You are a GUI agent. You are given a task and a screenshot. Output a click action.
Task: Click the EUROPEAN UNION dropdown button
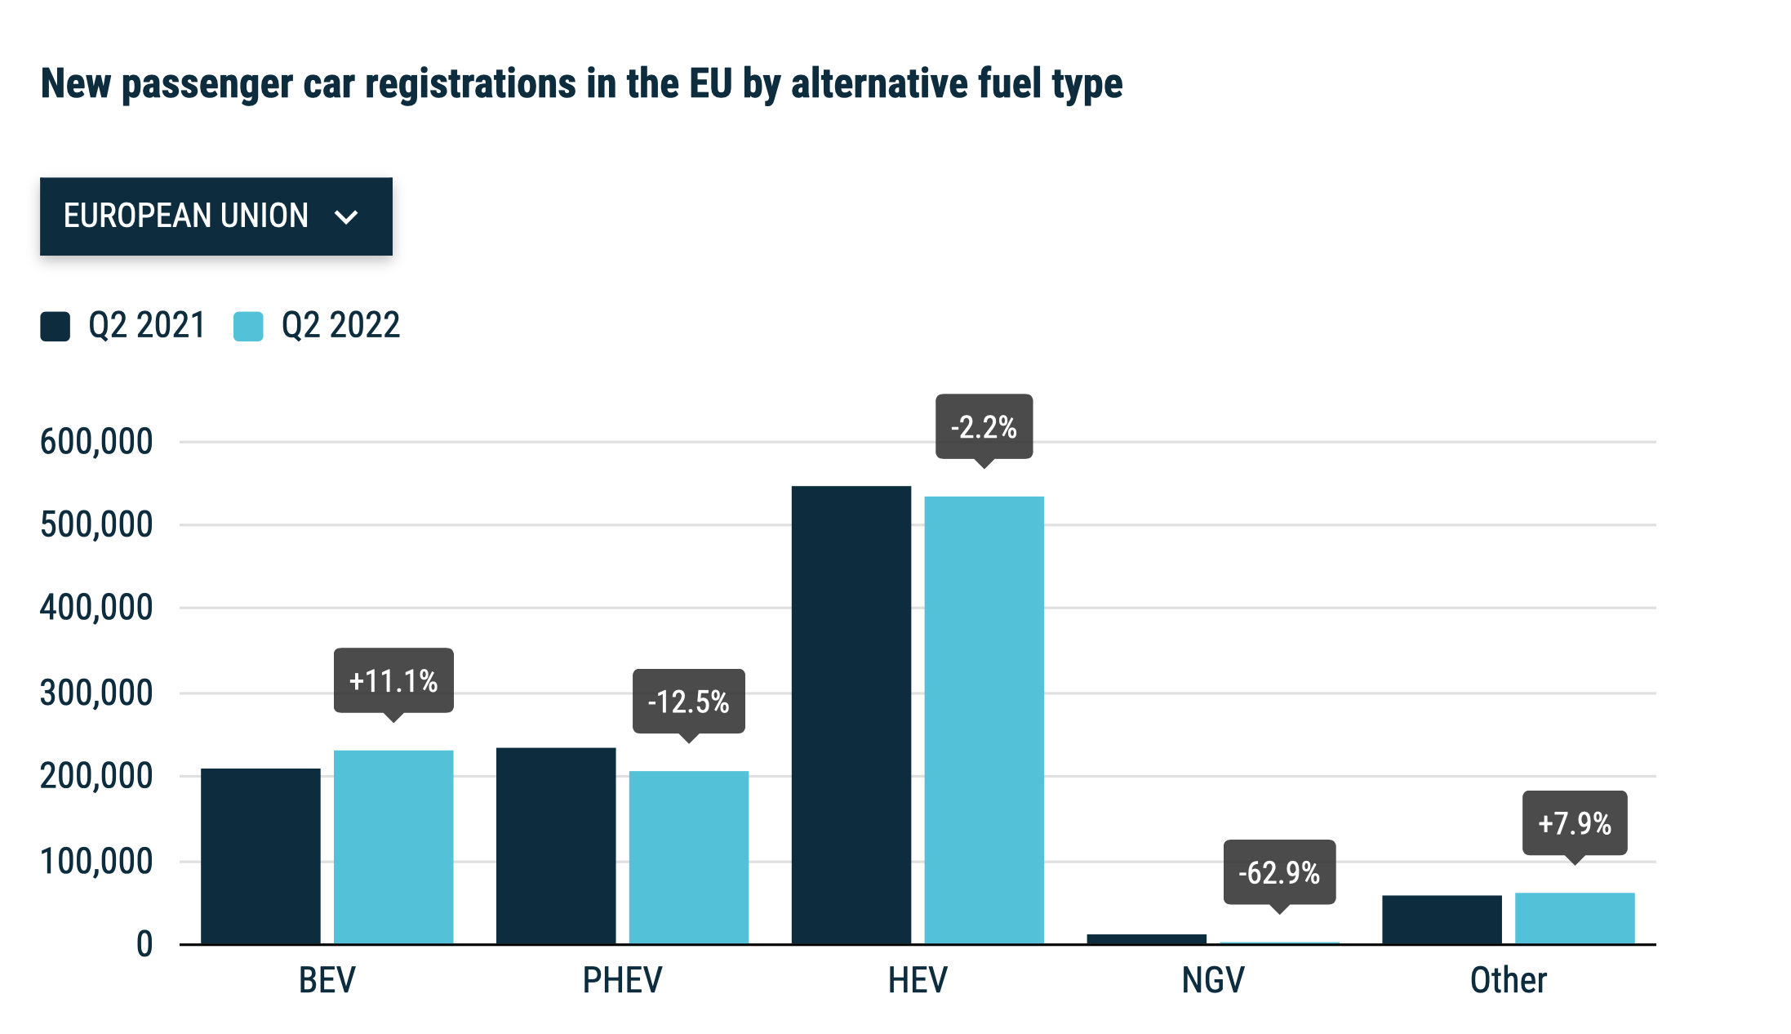[216, 216]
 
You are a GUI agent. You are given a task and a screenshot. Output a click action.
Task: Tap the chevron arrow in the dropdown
[347, 217]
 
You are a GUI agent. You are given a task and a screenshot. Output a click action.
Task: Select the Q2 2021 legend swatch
[56, 326]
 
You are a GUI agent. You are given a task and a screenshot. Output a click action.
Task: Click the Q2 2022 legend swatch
[248, 326]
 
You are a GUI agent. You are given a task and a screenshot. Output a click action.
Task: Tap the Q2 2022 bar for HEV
[984, 720]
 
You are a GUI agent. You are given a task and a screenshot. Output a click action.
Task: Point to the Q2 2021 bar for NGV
[1146, 939]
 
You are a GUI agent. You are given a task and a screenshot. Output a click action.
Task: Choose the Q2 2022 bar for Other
[1575, 918]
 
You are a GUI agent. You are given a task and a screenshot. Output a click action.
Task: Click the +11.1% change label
[393, 680]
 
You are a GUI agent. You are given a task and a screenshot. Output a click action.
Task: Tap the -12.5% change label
[688, 702]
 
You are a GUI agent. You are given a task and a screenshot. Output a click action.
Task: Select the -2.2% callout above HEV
[984, 426]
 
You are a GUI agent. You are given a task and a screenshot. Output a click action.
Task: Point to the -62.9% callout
[1279, 872]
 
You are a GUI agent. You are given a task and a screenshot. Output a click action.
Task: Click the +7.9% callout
[1575, 823]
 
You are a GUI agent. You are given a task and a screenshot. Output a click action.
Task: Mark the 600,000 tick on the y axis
[96, 442]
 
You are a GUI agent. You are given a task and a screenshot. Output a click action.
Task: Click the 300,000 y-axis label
[96, 693]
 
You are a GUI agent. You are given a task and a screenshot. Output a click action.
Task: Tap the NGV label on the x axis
[1213, 980]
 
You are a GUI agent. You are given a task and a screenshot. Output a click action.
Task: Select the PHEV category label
[622, 980]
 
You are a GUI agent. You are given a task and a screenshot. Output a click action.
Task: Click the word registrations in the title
[469, 83]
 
